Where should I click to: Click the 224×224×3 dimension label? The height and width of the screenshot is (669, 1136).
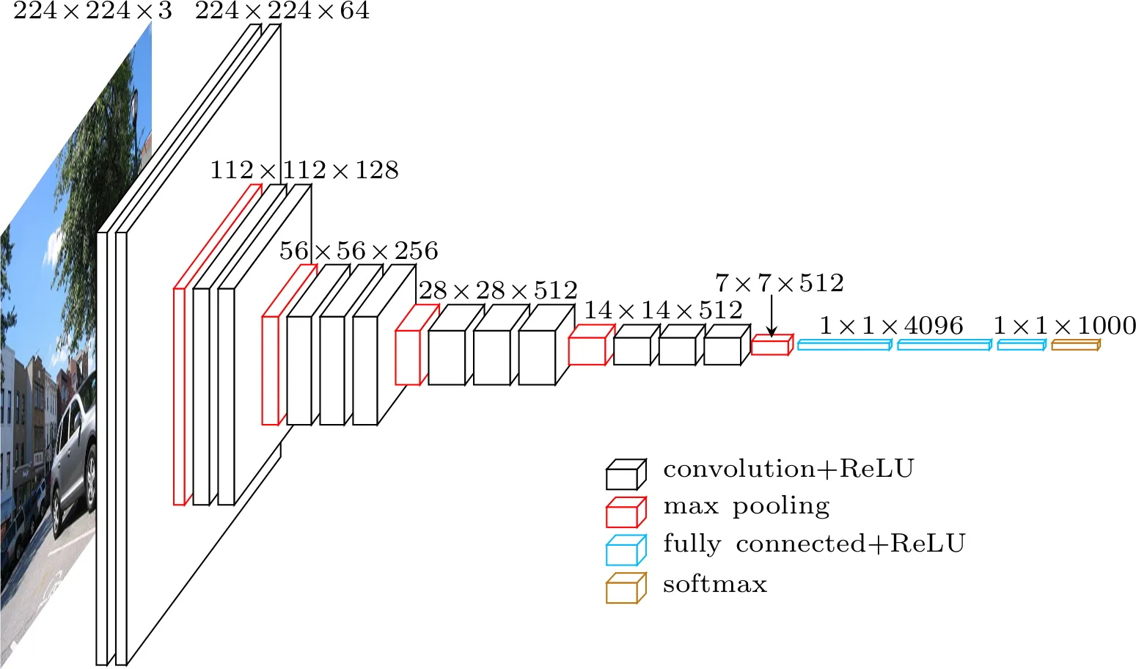click(92, 11)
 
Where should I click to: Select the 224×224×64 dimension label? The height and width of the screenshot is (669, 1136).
click(282, 11)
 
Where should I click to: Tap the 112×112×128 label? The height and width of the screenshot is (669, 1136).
click(304, 170)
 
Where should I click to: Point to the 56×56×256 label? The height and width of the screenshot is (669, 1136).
click(359, 251)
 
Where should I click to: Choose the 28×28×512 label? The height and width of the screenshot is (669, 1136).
click(498, 290)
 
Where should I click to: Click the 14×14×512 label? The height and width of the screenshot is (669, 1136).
click(663, 310)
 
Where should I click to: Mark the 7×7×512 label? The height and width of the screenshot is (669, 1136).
click(779, 283)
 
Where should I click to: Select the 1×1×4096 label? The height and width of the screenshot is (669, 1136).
click(890, 326)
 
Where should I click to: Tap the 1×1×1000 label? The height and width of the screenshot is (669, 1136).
click(1064, 326)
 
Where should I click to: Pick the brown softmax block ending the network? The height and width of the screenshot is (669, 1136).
click(1075, 345)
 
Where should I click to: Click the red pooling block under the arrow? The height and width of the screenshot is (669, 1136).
click(772, 346)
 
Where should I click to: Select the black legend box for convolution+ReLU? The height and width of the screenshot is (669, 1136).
click(626, 475)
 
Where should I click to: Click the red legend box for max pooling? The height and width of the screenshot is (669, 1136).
click(626, 513)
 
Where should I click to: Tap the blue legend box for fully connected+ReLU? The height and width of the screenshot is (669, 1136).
click(626, 550)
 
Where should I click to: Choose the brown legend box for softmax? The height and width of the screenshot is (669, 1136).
click(626, 588)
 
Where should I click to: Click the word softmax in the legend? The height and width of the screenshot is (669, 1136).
click(714, 585)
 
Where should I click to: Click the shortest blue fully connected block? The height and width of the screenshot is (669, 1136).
click(1021, 345)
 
